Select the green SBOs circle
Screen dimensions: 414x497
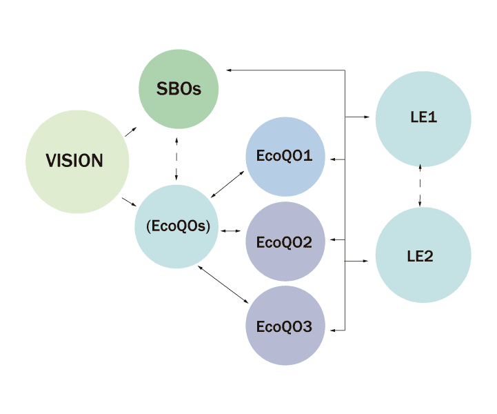tap(179, 89)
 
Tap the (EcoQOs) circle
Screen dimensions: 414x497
tap(176, 227)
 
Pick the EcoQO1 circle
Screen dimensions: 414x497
tap(285, 156)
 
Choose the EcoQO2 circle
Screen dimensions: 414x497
tap(285, 242)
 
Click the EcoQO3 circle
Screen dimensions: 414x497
tap(285, 326)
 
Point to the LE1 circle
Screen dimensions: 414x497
tap(423, 118)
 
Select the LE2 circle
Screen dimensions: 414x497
tap(423, 256)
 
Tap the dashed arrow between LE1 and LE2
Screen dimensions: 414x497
tap(421, 187)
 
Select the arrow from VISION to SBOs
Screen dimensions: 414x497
tap(131, 132)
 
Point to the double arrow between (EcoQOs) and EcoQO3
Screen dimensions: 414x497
tap(223, 284)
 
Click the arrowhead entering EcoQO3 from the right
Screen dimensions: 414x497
tap(334, 329)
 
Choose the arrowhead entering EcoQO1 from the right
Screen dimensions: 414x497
tap(334, 159)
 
